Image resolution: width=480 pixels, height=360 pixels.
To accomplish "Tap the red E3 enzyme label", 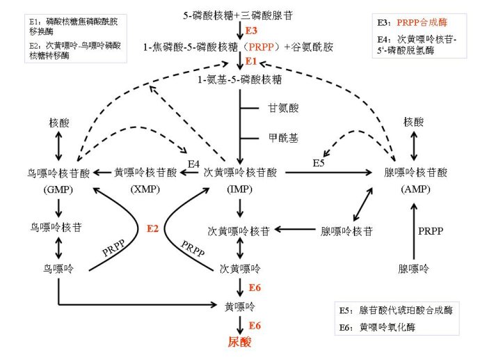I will (x=251, y=31).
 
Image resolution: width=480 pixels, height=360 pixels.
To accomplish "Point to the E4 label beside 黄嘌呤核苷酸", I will (x=195, y=164).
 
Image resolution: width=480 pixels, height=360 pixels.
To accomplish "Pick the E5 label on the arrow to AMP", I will (x=319, y=164).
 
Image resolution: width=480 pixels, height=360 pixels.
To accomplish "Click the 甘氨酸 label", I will (x=283, y=108).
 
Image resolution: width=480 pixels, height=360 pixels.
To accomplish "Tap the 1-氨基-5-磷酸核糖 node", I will (x=238, y=81).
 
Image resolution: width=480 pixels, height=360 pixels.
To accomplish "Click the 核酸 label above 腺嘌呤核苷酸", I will (x=415, y=122).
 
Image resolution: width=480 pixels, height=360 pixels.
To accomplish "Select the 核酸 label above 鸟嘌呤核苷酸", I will (x=59, y=122).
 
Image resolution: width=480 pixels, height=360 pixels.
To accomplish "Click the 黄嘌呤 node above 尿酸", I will (x=239, y=306).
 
